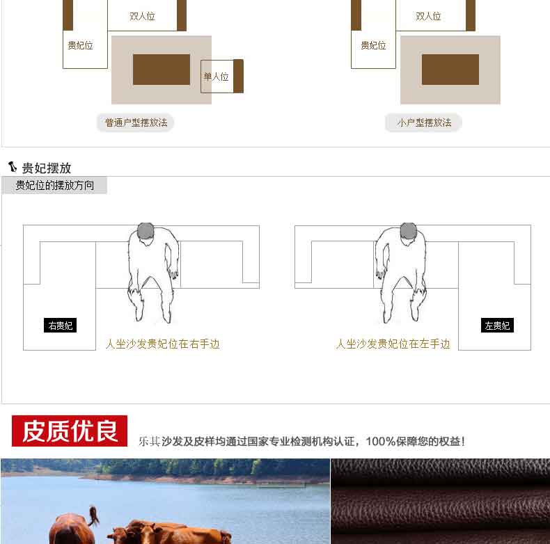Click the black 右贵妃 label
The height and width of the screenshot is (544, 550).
click(60, 326)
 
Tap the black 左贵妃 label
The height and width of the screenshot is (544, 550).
click(497, 326)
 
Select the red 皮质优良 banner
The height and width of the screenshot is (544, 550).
click(70, 431)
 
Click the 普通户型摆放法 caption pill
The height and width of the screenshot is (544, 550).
click(135, 122)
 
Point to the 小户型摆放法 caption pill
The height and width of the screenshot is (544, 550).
click(423, 122)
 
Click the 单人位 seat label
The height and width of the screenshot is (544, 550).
click(216, 77)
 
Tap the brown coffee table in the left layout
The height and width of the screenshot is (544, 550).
click(162, 70)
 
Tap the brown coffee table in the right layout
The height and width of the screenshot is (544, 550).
click(450, 70)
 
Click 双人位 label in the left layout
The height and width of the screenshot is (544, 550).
click(142, 16)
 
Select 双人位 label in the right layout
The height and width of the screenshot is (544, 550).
click(428, 16)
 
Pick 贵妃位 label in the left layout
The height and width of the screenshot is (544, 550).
click(80, 45)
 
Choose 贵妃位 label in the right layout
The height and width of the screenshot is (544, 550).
click(373, 45)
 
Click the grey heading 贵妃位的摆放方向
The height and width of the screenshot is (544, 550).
click(55, 185)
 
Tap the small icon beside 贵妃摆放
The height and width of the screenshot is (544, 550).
click(13, 167)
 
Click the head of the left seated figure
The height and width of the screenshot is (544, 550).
click(146, 231)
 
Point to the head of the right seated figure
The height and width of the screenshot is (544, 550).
click(408, 231)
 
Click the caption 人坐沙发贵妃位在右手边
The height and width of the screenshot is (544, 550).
click(163, 344)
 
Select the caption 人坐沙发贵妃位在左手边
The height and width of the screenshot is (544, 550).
click(393, 344)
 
